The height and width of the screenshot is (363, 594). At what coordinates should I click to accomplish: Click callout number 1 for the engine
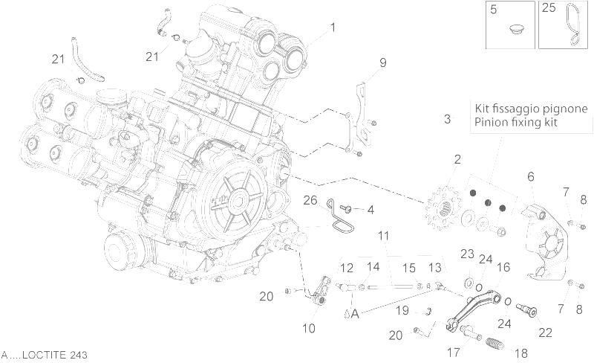(333, 28)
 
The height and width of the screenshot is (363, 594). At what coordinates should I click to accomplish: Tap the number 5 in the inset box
(492, 9)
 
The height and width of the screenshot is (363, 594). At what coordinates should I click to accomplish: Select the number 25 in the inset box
(548, 9)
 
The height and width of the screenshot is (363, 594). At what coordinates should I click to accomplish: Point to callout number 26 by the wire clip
(310, 199)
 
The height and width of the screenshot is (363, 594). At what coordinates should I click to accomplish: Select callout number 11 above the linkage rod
(383, 237)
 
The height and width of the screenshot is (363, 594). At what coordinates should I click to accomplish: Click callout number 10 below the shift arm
(309, 328)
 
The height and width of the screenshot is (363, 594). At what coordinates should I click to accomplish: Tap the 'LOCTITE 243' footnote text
(45, 356)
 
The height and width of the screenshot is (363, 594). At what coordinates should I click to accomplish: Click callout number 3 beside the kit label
(448, 119)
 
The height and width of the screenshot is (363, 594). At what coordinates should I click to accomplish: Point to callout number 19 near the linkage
(402, 310)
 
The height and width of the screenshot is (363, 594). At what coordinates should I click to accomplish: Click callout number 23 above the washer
(466, 254)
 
